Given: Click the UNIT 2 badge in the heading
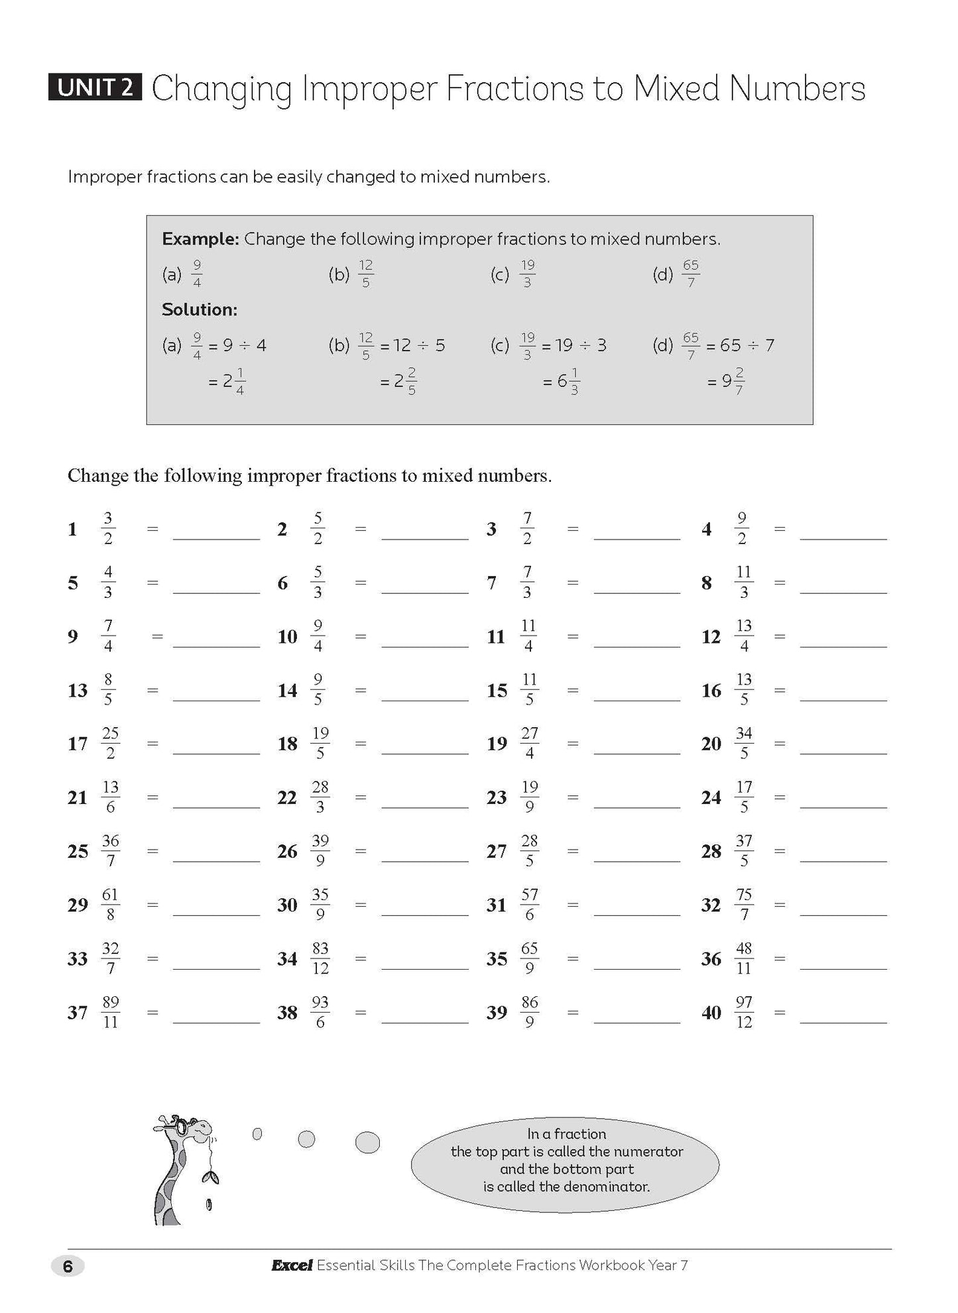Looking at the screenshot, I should (x=95, y=87).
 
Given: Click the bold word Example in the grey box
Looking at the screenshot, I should (x=200, y=239).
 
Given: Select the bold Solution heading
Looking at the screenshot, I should (x=200, y=310).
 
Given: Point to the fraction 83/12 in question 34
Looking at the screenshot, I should (x=320, y=958).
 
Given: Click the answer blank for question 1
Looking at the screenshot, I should (x=216, y=532).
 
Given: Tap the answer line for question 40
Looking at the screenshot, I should (x=843, y=1015).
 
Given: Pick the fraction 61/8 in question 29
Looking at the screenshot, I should (x=110, y=905).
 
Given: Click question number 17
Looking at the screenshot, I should (x=78, y=744).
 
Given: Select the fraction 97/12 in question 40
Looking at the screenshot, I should (x=744, y=1012).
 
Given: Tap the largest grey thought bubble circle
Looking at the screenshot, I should (x=368, y=1142).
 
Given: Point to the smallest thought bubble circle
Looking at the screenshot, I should (x=257, y=1134).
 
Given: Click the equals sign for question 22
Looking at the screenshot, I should (x=361, y=797).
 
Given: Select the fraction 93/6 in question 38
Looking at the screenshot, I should (x=320, y=1012).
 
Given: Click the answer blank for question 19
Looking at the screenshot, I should (x=637, y=747).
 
